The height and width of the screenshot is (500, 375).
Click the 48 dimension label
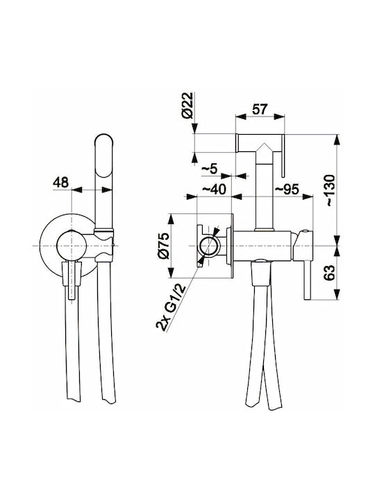point(61,183)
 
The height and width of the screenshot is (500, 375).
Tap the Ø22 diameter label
point(188,106)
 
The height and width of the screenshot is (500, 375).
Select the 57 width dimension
point(260,110)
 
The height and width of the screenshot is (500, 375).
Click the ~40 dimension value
point(215,189)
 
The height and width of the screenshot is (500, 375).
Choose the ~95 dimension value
point(287,189)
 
